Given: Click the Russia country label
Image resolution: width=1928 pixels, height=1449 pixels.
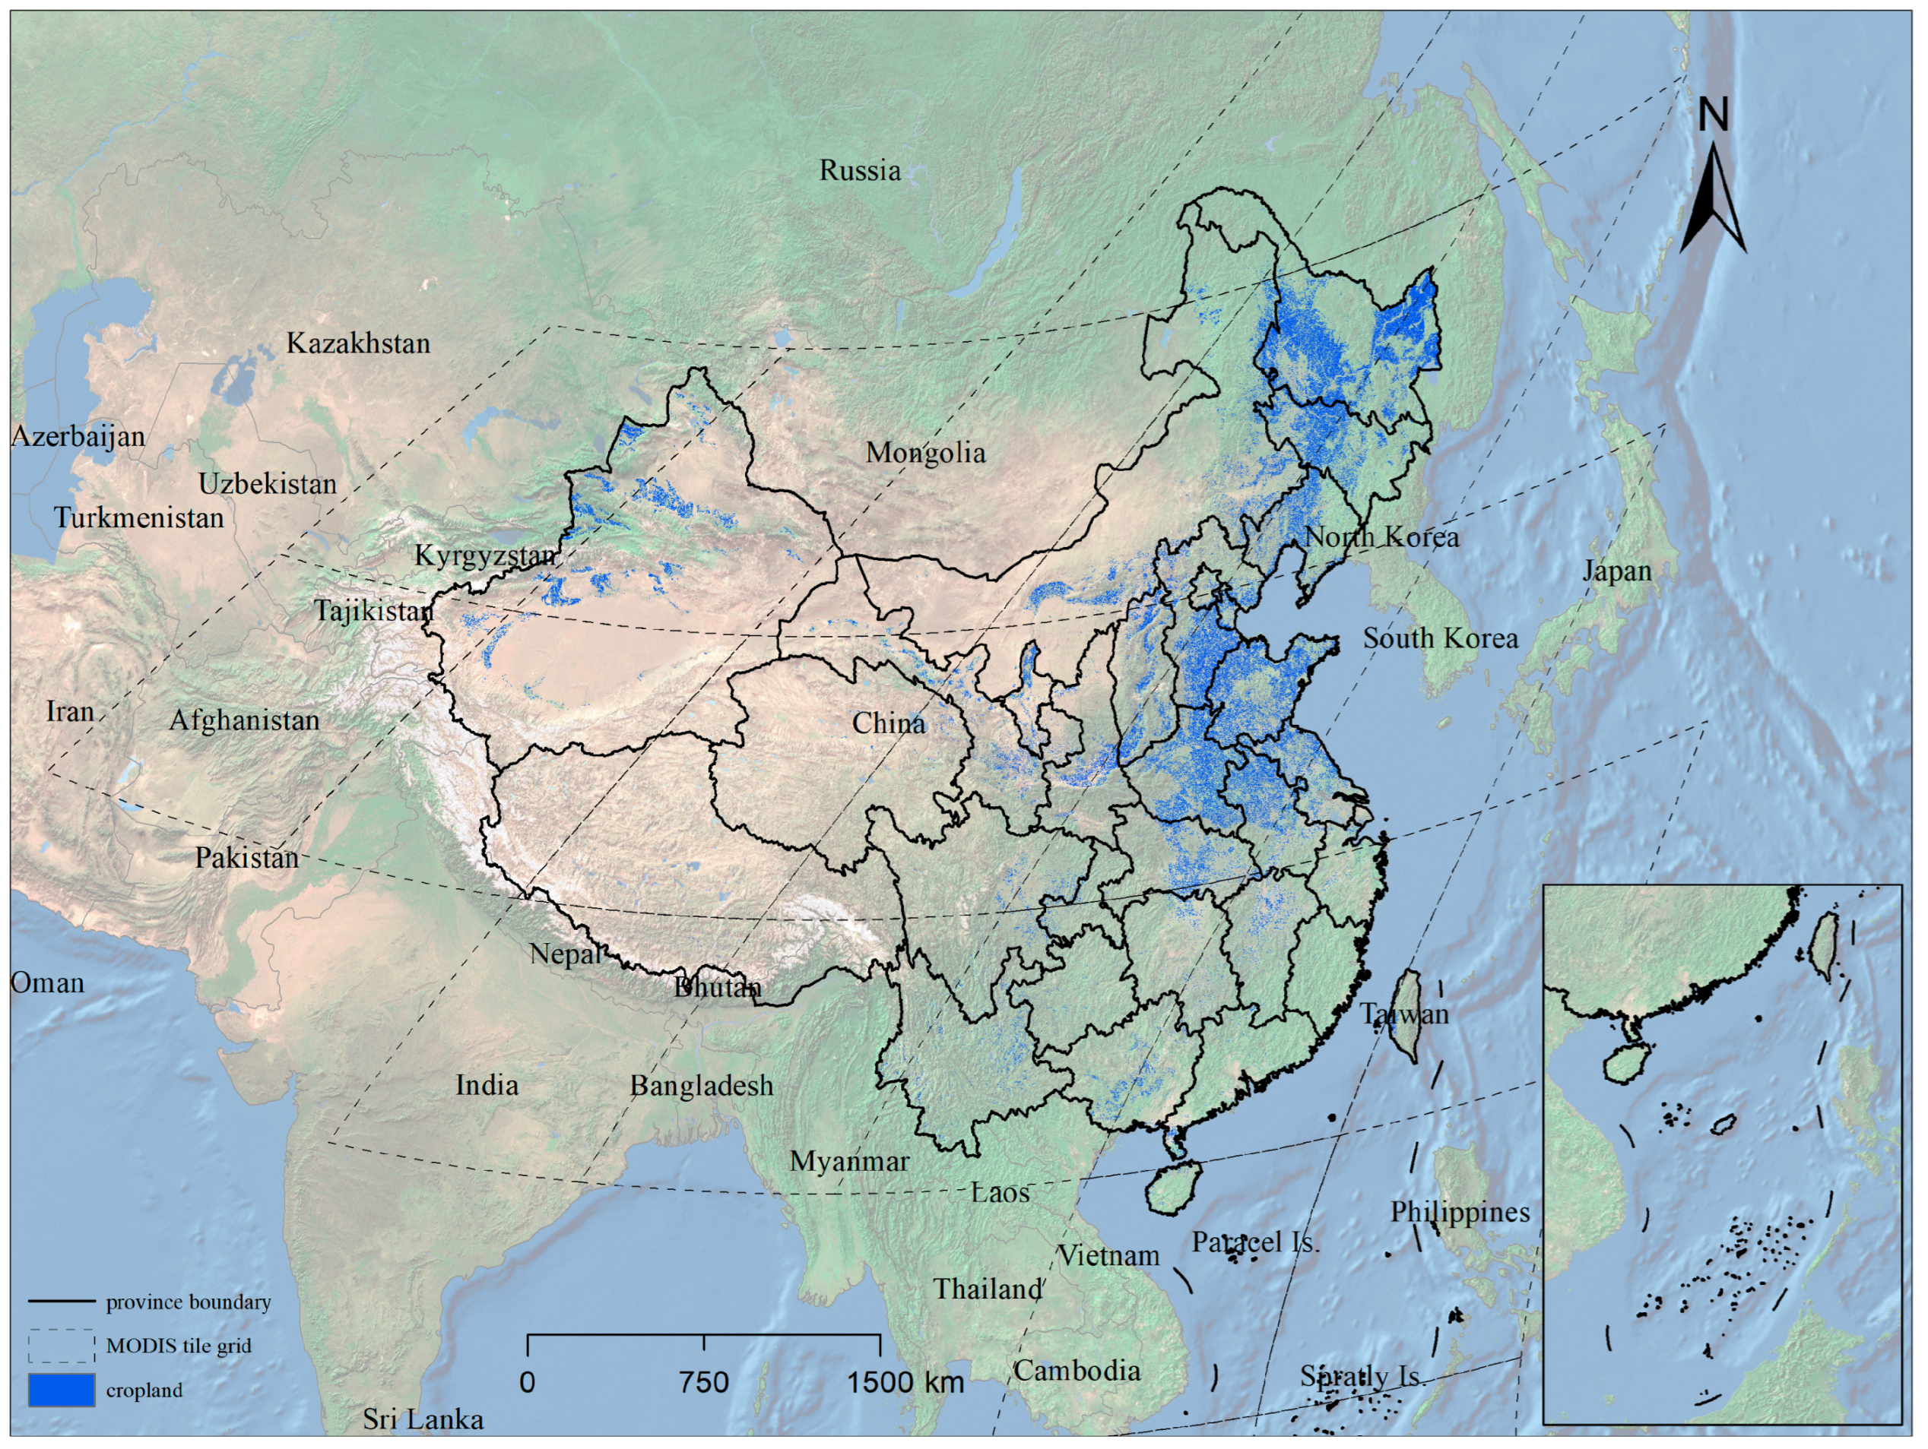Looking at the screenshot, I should (x=859, y=171).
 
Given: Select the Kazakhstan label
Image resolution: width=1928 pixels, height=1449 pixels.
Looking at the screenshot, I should (x=358, y=343).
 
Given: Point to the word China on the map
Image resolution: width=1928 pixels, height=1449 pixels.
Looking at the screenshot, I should (x=888, y=723).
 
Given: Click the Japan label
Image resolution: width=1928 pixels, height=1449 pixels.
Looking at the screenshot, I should (x=1617, y=571).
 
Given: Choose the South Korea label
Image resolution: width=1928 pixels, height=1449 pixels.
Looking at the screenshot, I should (x=1440, y=639).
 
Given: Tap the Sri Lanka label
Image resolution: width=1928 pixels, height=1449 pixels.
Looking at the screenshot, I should (x=423, y=1419).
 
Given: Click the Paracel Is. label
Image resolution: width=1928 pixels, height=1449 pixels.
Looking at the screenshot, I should (x=1255, y=1242).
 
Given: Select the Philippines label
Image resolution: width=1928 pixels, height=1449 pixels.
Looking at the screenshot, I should (x=1459, y=1212).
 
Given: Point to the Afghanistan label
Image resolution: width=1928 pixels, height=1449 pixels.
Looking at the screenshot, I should (x=244, y=720).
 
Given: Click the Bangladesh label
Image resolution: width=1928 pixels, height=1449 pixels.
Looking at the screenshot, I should (x=702, y=1086).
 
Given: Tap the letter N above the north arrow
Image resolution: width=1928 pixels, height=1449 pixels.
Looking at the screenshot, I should (x=1713, y=115).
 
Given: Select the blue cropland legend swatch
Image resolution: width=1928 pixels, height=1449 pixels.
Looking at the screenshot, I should (x=61, y=1390).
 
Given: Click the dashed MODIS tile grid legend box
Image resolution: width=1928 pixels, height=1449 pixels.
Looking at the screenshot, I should (x=61, y=1346).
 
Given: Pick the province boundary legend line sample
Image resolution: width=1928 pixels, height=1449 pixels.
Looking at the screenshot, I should (x=61, y=1302).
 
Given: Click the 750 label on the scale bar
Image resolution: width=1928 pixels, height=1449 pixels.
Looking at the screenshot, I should (x=703, y=1382).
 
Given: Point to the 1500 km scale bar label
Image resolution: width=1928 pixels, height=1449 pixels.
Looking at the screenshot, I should (x=905, y=1382).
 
